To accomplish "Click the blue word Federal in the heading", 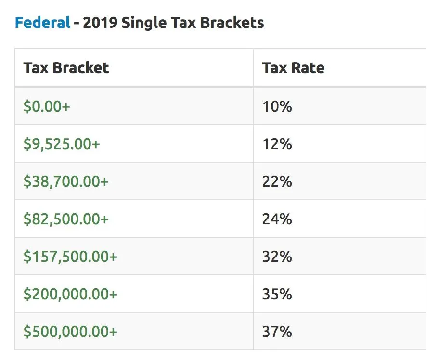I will point(42,23).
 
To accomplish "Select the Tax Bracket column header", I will point(66,68).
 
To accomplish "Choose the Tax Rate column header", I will point(293,68).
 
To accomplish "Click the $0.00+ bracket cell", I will point(47,106).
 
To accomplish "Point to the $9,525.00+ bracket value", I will point(62,144).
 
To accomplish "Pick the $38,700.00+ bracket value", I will point(66,181).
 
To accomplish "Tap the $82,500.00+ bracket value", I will point(66,219).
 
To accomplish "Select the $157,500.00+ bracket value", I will point(70,257).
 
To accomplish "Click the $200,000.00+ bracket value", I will point(70,294).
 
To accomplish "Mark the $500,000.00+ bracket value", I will point(70,332).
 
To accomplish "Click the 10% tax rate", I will point(277,106).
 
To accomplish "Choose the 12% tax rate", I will point(277,144).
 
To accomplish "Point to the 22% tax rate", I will point(277,181).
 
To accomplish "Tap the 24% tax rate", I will point(277,219).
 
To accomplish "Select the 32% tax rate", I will point(277,257).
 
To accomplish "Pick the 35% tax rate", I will point(277,294).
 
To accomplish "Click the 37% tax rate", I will point(277,332).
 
